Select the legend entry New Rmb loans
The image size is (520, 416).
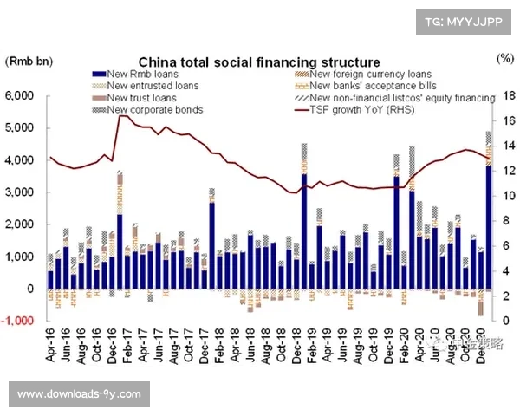138,74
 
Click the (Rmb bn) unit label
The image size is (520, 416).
29,62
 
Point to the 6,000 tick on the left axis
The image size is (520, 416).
20,95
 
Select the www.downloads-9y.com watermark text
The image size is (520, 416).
79,394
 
